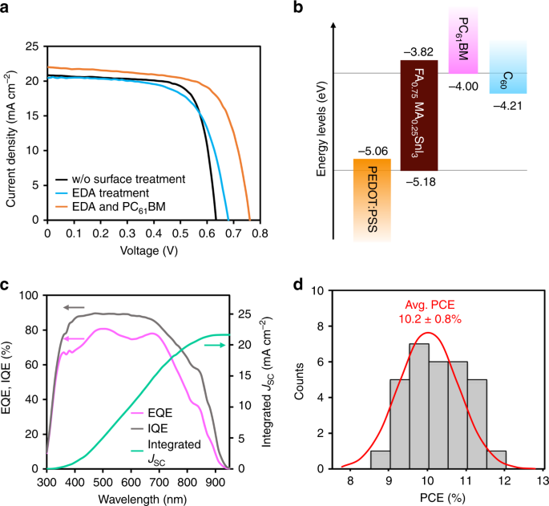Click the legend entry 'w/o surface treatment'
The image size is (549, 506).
tap(120, 179)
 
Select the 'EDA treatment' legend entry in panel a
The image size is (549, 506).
tap(103, 193)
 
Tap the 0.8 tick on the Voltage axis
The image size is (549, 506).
tap(260, 233)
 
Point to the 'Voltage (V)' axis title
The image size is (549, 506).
tap(149, 251)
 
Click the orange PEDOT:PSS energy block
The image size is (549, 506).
tap(372, 200)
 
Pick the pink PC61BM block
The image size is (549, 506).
tap(463, 39)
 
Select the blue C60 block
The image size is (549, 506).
tap(508, 67)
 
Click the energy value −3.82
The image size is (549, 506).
tap(418, 52)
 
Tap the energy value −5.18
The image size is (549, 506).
tap(421, 182)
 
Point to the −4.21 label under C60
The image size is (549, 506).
tap(507, 106)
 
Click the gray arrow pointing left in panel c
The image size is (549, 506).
tap(74, 308)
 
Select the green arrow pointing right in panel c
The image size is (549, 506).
tap(215, 346)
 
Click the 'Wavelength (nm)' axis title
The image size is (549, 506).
tap(143, 499)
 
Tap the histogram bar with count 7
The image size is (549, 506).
tap(419, 406)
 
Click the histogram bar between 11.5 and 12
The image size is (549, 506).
tap(496, 459)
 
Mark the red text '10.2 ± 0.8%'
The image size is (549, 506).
tap(430, 319)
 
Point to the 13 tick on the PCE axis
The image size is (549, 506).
tap(543, 481)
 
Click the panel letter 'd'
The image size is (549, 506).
tap(298, 285)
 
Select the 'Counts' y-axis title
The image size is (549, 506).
tap(299, 381)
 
